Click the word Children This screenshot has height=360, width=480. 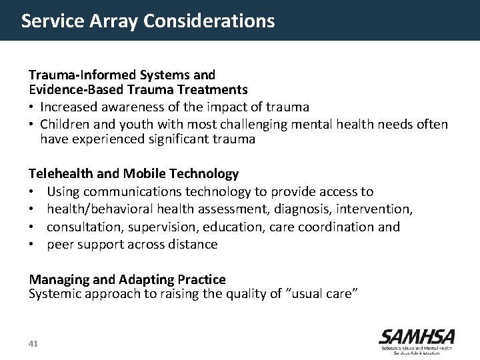[65, 124]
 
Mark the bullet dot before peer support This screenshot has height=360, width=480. [32, 245]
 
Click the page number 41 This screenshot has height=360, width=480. [34, 344]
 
